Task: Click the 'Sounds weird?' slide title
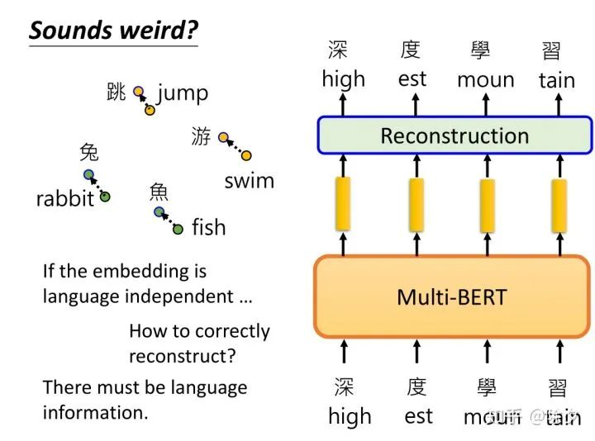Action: (x=113, y=30)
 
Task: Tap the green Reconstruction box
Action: (x=455, y=135)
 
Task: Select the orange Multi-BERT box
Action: (x=451, y=296)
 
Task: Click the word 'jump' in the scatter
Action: (x=183, y=92)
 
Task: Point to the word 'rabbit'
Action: (x=64, y=199)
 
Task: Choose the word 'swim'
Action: (x=249, y=181)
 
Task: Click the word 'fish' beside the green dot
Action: (x=208, y=227)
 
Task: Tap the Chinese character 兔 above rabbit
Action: (x=88, y=152)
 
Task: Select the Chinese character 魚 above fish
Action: (x=159, y=192)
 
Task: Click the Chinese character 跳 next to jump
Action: (x=117, y=92)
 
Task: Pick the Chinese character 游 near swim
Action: (x=201, y=136)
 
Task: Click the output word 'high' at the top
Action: (x=343, y=79)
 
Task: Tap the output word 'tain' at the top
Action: (x=557, y=80)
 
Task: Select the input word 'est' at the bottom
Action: (x=418, y=416)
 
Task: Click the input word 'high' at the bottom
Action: (x=350, y=416)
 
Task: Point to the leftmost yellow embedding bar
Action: (x=343, y=203)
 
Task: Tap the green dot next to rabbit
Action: (x=105, y=197)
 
